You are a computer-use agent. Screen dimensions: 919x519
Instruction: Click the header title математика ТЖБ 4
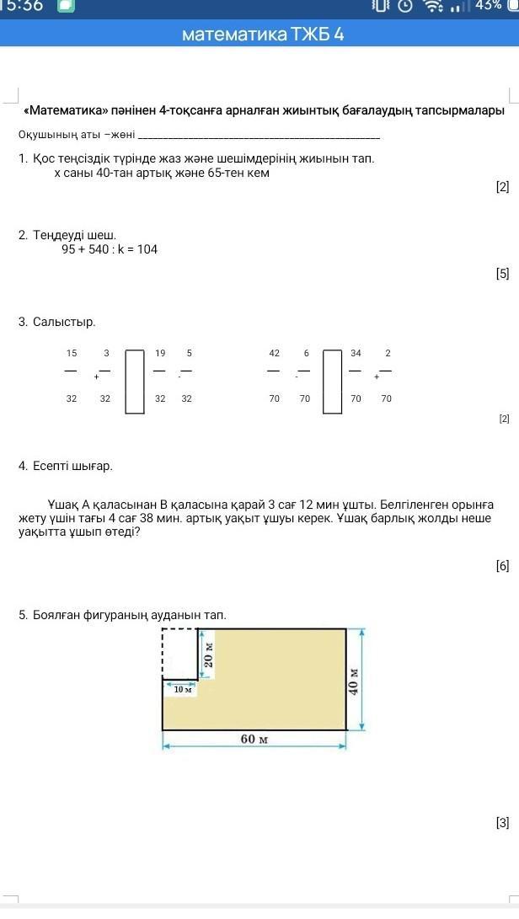tap(262, 35)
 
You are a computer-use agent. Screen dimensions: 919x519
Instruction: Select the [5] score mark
tap(502, 273)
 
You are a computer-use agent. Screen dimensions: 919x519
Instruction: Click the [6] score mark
tap(502, 566)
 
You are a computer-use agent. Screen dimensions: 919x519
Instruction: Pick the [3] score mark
tap(502, 823)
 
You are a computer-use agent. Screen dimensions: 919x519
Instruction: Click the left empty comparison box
tap(135, 381)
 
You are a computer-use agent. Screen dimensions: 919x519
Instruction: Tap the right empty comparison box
tap(333, 381)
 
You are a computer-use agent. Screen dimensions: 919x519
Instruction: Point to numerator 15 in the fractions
tap(72, 353)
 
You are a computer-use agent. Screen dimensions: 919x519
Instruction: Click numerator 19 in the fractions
tap(160, 353)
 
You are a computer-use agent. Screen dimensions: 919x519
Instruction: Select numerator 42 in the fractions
tap(275, 353)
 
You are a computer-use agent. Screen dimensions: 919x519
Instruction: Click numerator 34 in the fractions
tap(356, 353)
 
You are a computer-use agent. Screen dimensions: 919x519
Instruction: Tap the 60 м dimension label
tap(254, 740)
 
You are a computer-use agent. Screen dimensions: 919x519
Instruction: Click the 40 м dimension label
tap(355, 679)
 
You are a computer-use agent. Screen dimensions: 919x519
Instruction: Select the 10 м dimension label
tap(183, 689)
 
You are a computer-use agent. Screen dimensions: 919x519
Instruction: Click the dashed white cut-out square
tap(179, 653)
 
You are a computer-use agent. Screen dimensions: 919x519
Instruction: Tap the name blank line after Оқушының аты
tap(258, 136)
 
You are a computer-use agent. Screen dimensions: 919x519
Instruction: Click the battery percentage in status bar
tap(489, 6)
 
